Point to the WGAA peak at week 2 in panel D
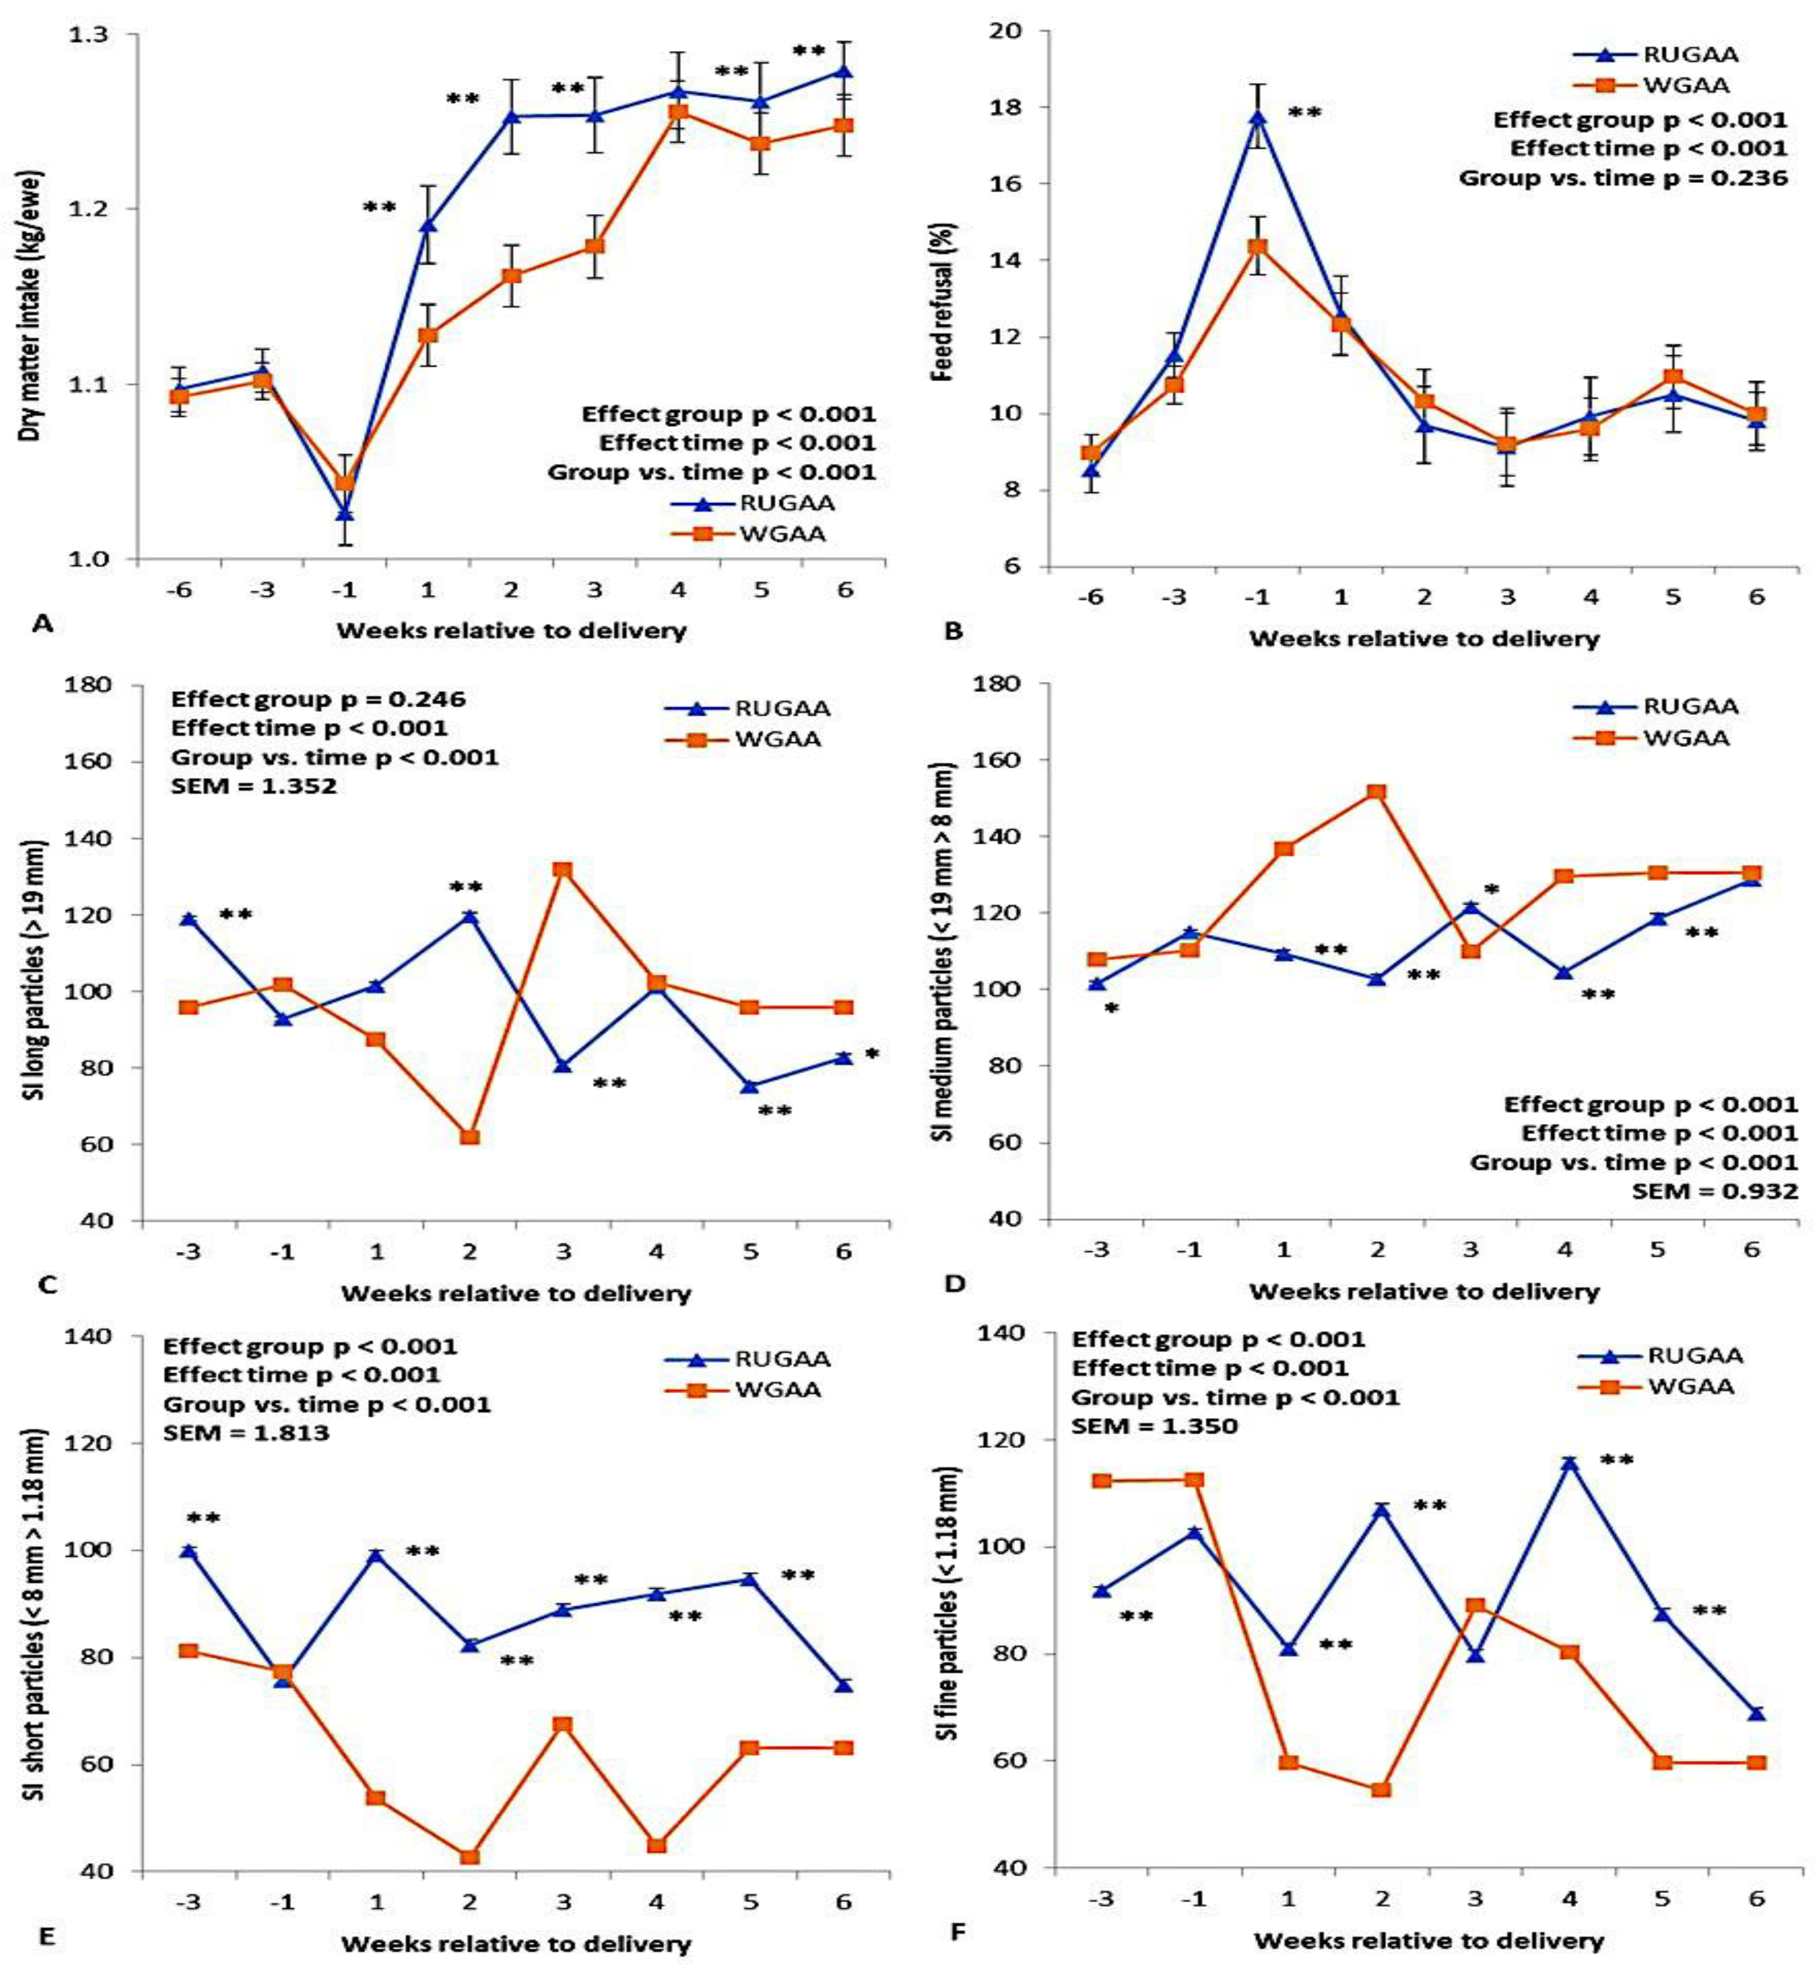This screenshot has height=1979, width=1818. [1377, 792]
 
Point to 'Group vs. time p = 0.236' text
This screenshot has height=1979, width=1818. [1622, 178]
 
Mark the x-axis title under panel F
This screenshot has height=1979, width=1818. [1428, 1941]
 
